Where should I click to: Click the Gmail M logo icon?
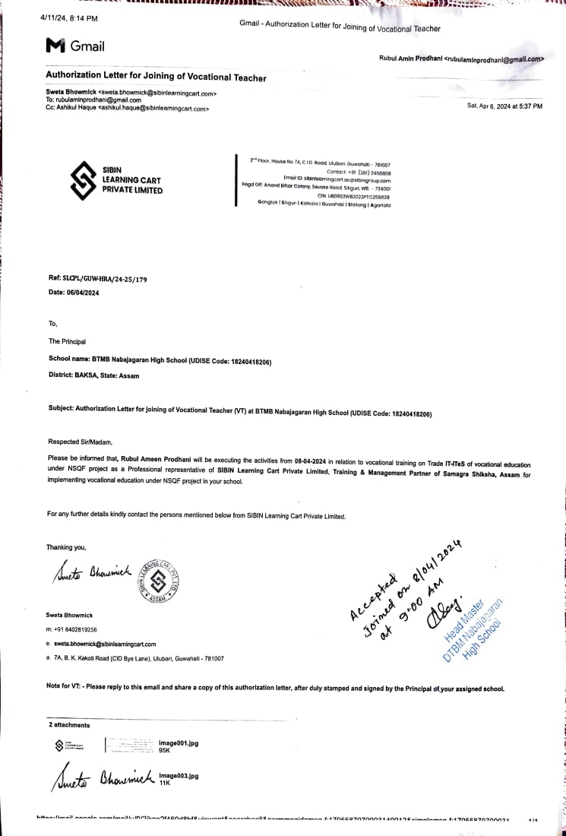click(x=55, y=46)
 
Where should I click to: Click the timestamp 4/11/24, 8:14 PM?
click(x=68, y=17)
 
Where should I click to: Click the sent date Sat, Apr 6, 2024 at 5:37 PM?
click(x=504, y=106)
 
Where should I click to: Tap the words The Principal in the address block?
click(x=67, y=341)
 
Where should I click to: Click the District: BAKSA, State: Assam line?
click(x=93, y=375)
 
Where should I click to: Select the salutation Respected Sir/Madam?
click(x=79, y=442)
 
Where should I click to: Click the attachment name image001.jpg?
click(x=178, y=743)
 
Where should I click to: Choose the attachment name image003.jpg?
click(x=178, y=776)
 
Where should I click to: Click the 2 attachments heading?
click(x=69, y=725)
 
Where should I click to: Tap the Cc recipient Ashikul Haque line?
click(x=127, y=109)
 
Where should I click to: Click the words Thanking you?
click(x=66, y=547)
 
